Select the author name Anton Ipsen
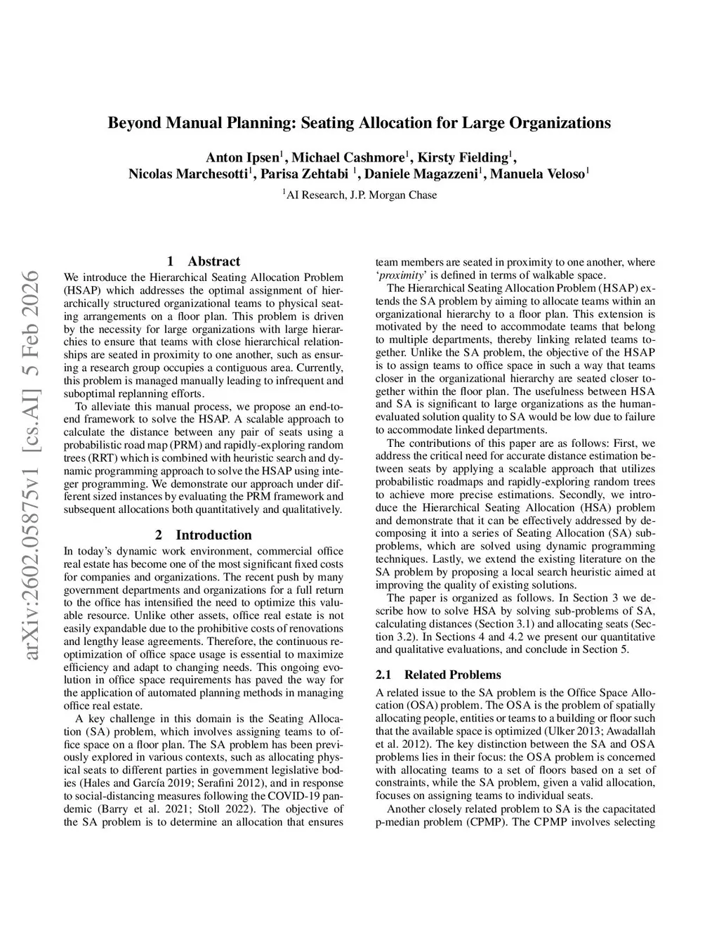(x=242, y=157)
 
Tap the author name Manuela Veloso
(x=537, y=174)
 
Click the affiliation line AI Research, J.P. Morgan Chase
(x=360, y=195)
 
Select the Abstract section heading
(x=213, y=261)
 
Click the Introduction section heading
(x=213, y=535)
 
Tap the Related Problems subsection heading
(x=452, y=675)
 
